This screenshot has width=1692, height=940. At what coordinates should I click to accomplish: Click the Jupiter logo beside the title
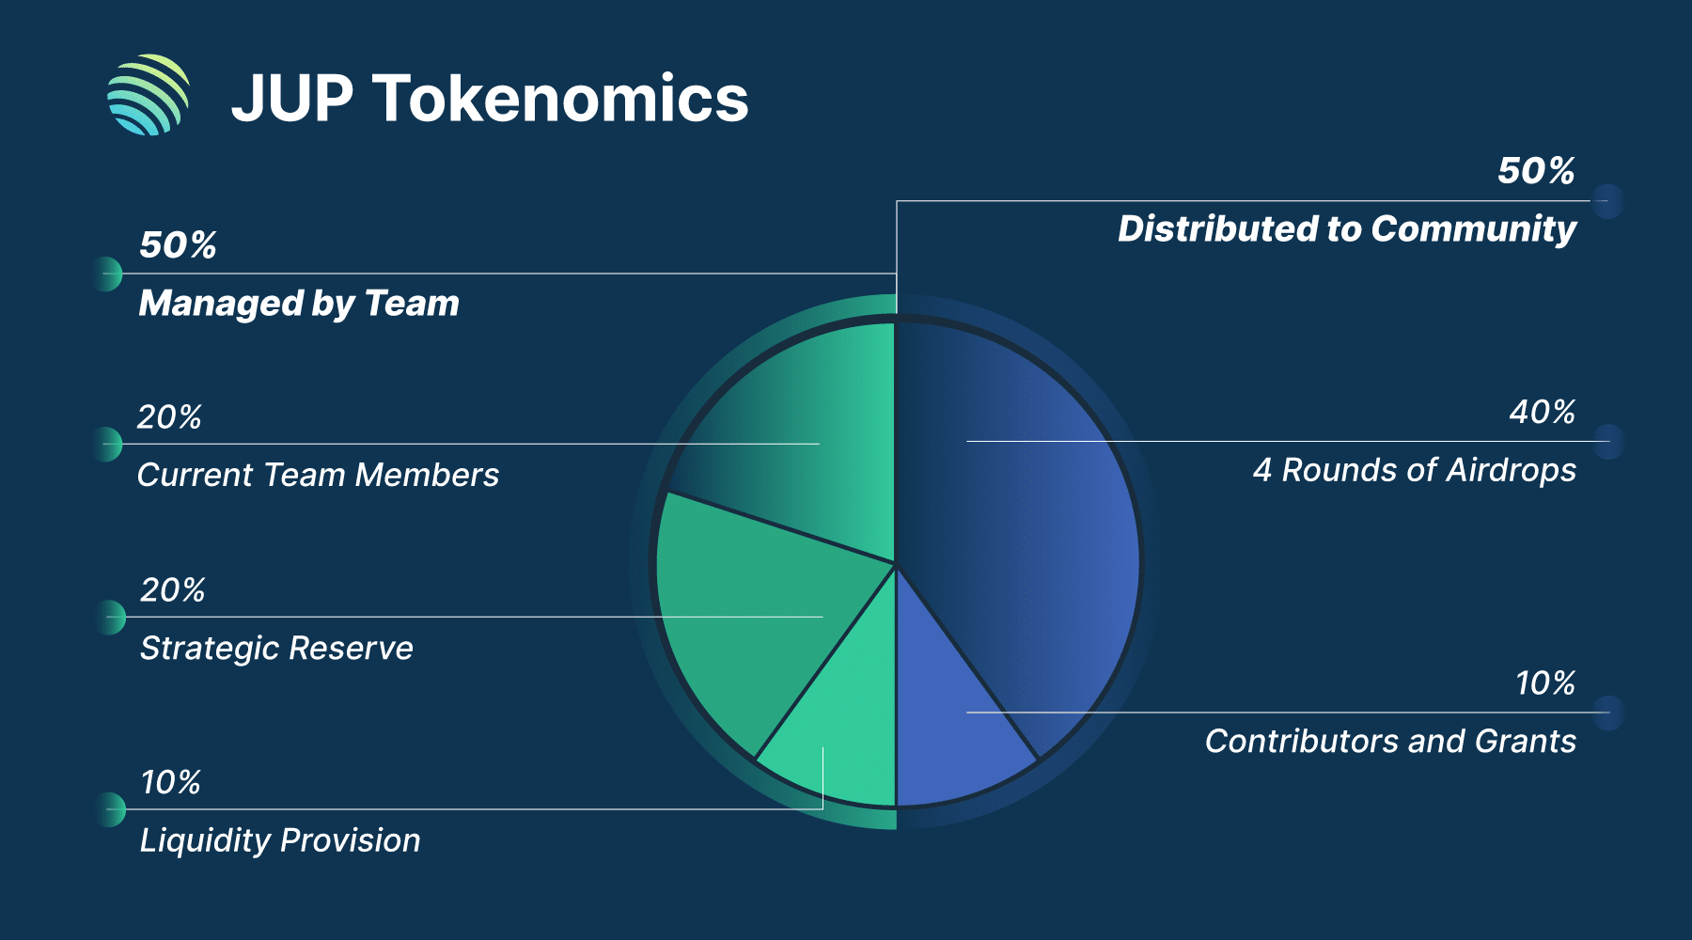149,95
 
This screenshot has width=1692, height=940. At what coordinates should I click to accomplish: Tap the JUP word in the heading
292,99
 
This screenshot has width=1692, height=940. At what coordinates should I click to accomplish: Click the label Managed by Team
299,304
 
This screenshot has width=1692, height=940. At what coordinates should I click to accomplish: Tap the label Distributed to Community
1346,229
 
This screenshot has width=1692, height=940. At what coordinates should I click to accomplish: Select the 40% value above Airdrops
1542,413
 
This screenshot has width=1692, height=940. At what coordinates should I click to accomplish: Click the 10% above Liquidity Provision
170,782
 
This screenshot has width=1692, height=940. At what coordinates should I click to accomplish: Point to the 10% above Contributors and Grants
1544,683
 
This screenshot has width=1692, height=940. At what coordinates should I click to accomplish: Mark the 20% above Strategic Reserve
172,590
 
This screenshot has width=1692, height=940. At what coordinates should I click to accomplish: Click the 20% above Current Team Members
169,417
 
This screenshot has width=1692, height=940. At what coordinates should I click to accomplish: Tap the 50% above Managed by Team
178,245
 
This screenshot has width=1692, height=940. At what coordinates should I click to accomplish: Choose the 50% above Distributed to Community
1536,171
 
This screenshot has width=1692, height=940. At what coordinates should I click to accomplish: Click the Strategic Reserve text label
276,649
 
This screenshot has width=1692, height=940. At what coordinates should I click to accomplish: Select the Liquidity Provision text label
280,840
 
